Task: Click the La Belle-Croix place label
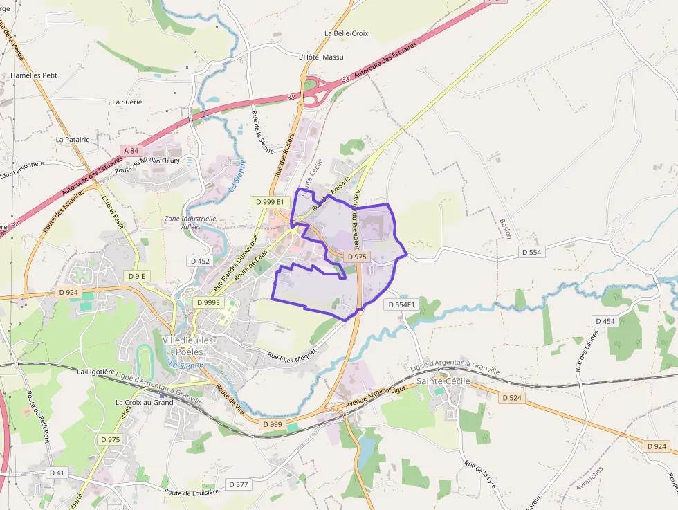click(346, 33)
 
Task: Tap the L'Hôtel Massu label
click(320, 57)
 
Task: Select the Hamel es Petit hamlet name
click(34, 75)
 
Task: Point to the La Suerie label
click(127, 102)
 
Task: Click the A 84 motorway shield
click(130, 150)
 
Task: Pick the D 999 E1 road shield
click(269, 201)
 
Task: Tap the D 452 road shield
click(199, 261)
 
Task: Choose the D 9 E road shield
click(137, 276)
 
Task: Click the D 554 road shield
click(531, 252)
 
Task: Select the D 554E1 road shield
click(401, 304)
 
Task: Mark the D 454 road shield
click(605, 321)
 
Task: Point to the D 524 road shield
click(512, 398)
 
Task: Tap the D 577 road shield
click(238, 484)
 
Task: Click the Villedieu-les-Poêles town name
click(189, 347)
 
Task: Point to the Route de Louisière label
click(191, 492)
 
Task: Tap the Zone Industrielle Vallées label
click(190, 223)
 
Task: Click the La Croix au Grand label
click(145, 402)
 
